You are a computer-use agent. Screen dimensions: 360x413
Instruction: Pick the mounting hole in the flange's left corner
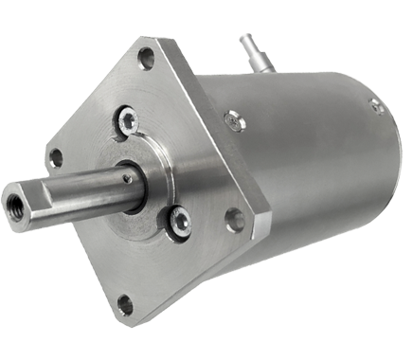click(55, 156)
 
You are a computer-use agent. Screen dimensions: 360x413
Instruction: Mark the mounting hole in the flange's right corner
click(232, 219)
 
